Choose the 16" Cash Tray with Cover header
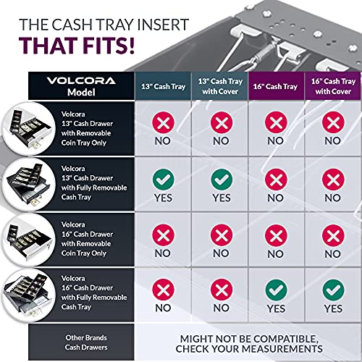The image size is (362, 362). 332,86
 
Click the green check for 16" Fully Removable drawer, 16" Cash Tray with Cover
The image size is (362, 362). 332,289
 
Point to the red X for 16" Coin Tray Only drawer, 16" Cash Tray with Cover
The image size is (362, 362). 332,234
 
